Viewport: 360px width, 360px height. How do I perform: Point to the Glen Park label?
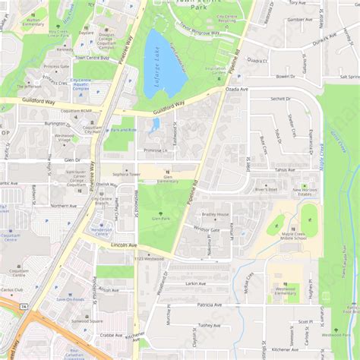(x=160, y=218)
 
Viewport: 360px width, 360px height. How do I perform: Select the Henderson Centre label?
(x=102, y=229)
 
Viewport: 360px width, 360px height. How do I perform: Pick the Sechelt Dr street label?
(x=280, y=99)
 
